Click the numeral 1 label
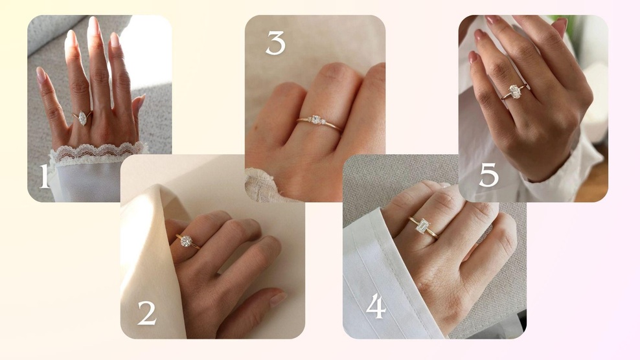44,176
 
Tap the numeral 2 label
147,313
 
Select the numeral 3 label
275,43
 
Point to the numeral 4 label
376,306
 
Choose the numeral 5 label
488,175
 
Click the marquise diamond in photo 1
83,118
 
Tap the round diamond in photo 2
186,242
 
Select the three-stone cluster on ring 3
316,120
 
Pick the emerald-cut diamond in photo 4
422,226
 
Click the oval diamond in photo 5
515,91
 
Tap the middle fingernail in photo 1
93,25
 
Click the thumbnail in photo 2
278,298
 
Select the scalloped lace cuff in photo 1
98,153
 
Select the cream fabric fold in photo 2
153,261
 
